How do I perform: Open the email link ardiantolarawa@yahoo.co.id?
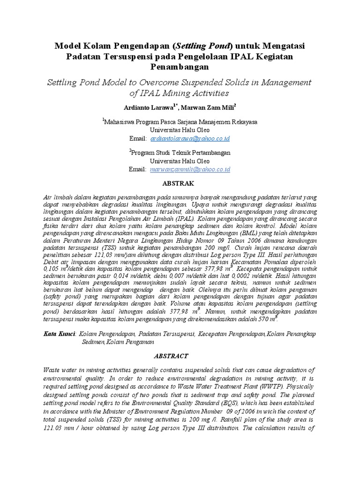tap(190, 139)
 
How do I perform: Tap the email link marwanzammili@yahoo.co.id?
tap(190, 169)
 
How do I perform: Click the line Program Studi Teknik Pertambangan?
tap(181, 153)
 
